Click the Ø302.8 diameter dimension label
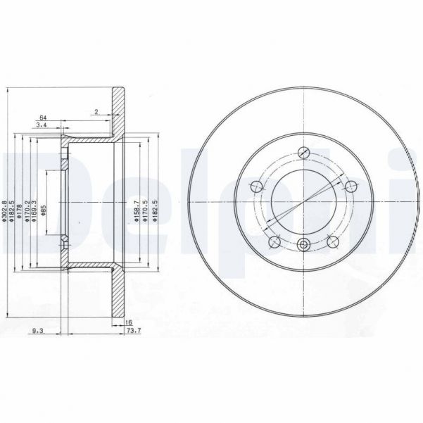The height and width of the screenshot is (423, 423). (5, 212)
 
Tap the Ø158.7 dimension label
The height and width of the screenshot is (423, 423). (134, 212)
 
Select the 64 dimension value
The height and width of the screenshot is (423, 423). (43, 117)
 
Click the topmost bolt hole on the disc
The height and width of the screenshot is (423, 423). (304, 153)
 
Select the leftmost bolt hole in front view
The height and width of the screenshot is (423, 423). (256, 187)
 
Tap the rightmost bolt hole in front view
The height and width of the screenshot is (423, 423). (349, 186)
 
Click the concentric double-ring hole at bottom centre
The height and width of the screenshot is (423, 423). (304, 245)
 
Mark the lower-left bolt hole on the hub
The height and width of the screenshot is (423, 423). (274, 241)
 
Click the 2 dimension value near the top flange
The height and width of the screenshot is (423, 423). (96, 112)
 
